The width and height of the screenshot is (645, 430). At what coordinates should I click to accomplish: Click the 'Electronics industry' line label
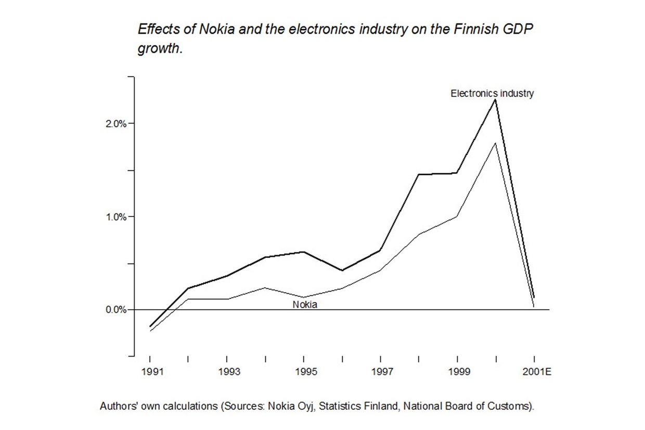pos(492,94)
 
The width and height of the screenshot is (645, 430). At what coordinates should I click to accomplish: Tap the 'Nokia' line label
pos(305,305)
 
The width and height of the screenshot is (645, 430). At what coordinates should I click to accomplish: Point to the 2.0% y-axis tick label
pos(115,124)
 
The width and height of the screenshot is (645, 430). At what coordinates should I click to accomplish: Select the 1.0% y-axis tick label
pos(115,217)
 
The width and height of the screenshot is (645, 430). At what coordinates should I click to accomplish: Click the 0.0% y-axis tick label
pos(115,310)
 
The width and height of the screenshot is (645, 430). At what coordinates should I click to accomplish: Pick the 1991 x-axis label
pos(151,372)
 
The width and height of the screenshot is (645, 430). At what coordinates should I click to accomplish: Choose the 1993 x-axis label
pos(228,372)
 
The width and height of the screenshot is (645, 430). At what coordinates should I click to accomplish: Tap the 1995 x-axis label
pos(305,372)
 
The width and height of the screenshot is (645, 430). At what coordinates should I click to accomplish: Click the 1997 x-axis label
pos(382,372)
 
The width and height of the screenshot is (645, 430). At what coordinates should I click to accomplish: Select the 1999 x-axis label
pos(458,372)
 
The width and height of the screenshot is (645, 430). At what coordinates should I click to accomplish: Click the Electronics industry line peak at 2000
pos(496,99)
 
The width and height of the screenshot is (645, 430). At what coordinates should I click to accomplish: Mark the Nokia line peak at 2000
pos(496,143)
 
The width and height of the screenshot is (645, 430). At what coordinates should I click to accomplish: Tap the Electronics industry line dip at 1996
pos(342,271)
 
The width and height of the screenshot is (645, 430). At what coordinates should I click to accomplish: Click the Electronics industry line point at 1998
pos(419,174)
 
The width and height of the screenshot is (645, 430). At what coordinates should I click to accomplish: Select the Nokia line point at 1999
pos(457,216)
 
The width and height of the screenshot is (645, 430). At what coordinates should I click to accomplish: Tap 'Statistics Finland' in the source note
pos(359,406)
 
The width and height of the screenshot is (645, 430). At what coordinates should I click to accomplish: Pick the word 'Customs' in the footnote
pos(512,406)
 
